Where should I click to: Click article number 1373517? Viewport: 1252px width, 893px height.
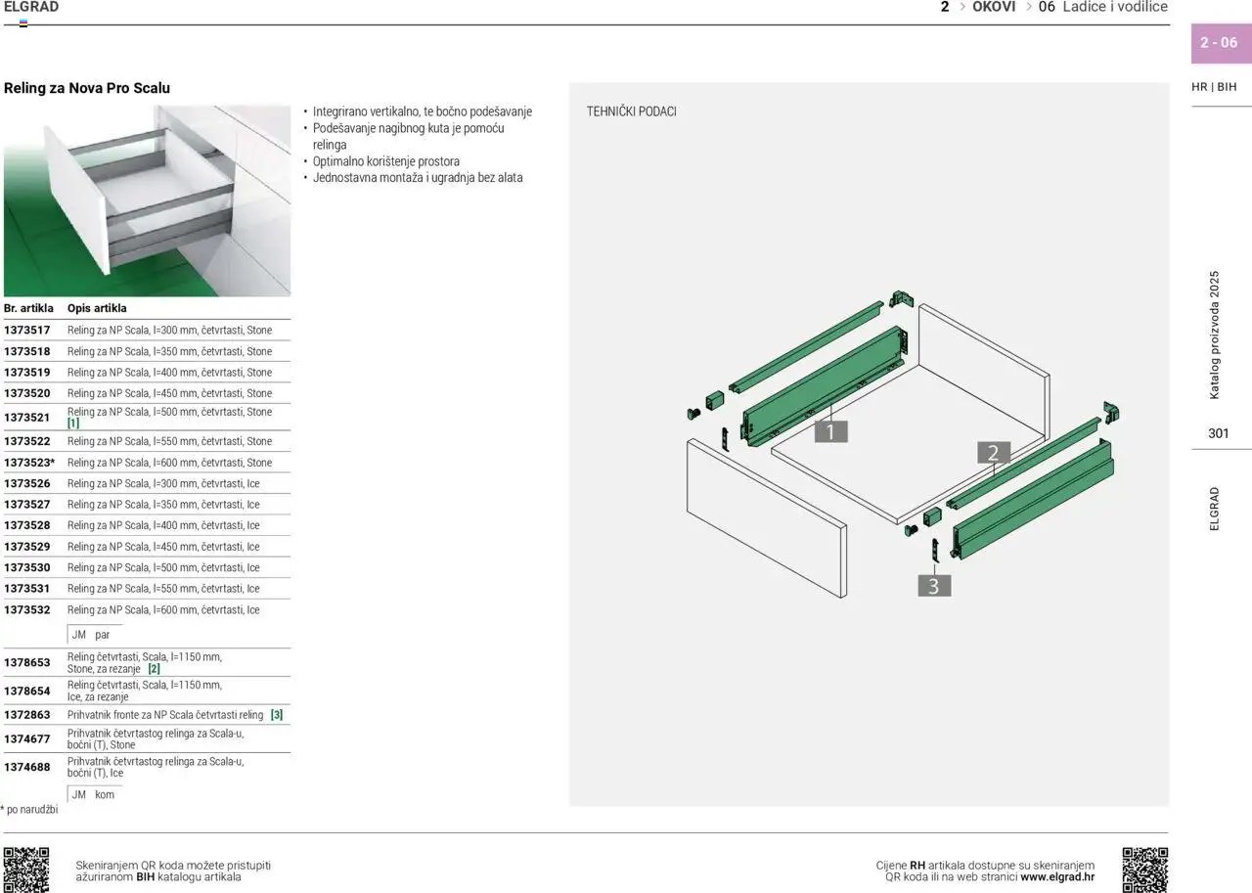click(26, 331)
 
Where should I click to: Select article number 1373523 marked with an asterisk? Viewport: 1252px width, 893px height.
click(29, 463)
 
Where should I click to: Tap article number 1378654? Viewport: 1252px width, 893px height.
click(26, 692)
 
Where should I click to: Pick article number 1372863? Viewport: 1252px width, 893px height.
click(26, 715)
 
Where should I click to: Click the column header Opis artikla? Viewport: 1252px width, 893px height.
click(97, 308)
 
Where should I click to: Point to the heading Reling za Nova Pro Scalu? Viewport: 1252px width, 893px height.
click(87, 88)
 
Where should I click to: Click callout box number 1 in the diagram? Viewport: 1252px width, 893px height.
click(830, 431)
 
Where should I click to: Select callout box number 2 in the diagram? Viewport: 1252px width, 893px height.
click(993, 453)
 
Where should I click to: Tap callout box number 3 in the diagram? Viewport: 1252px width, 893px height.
click(934, 586)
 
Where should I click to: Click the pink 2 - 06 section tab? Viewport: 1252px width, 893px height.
click(1221, 43)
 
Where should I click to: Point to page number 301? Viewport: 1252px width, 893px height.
click(1219, 433)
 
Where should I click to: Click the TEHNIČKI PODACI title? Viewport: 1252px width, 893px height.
click(631, 112)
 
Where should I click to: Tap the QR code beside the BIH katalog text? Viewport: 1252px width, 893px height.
click(26, 870)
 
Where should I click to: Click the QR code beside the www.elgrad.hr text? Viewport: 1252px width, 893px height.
click(1144, 870)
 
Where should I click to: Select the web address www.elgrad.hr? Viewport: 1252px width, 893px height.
click(1057, 876)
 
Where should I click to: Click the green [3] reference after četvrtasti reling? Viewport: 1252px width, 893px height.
click(277, 715)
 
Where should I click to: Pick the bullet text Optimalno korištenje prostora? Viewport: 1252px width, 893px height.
click(386, 161)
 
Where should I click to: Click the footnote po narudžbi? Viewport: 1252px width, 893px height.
click(29, 809)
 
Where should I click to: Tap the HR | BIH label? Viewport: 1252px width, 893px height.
click(1214, 87)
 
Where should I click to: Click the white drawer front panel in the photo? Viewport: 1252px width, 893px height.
click(77, 199)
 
